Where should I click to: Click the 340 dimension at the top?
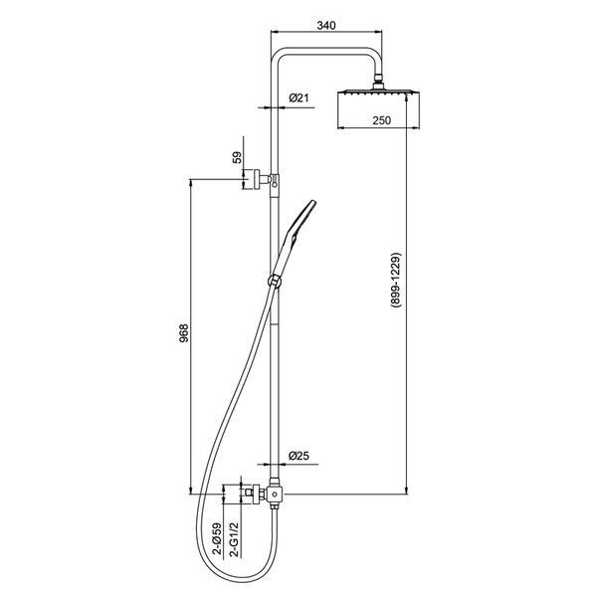(x=326, y=26)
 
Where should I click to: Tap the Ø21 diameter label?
(x=298, y=98)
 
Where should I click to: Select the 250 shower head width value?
(x=381, y=120)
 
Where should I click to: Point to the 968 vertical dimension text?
(x=183, y=333)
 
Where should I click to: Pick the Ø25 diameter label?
(x=298, y=456)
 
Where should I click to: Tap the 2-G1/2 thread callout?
(x=235, y=539)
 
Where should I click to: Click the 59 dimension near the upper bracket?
(x=237, y=157)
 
